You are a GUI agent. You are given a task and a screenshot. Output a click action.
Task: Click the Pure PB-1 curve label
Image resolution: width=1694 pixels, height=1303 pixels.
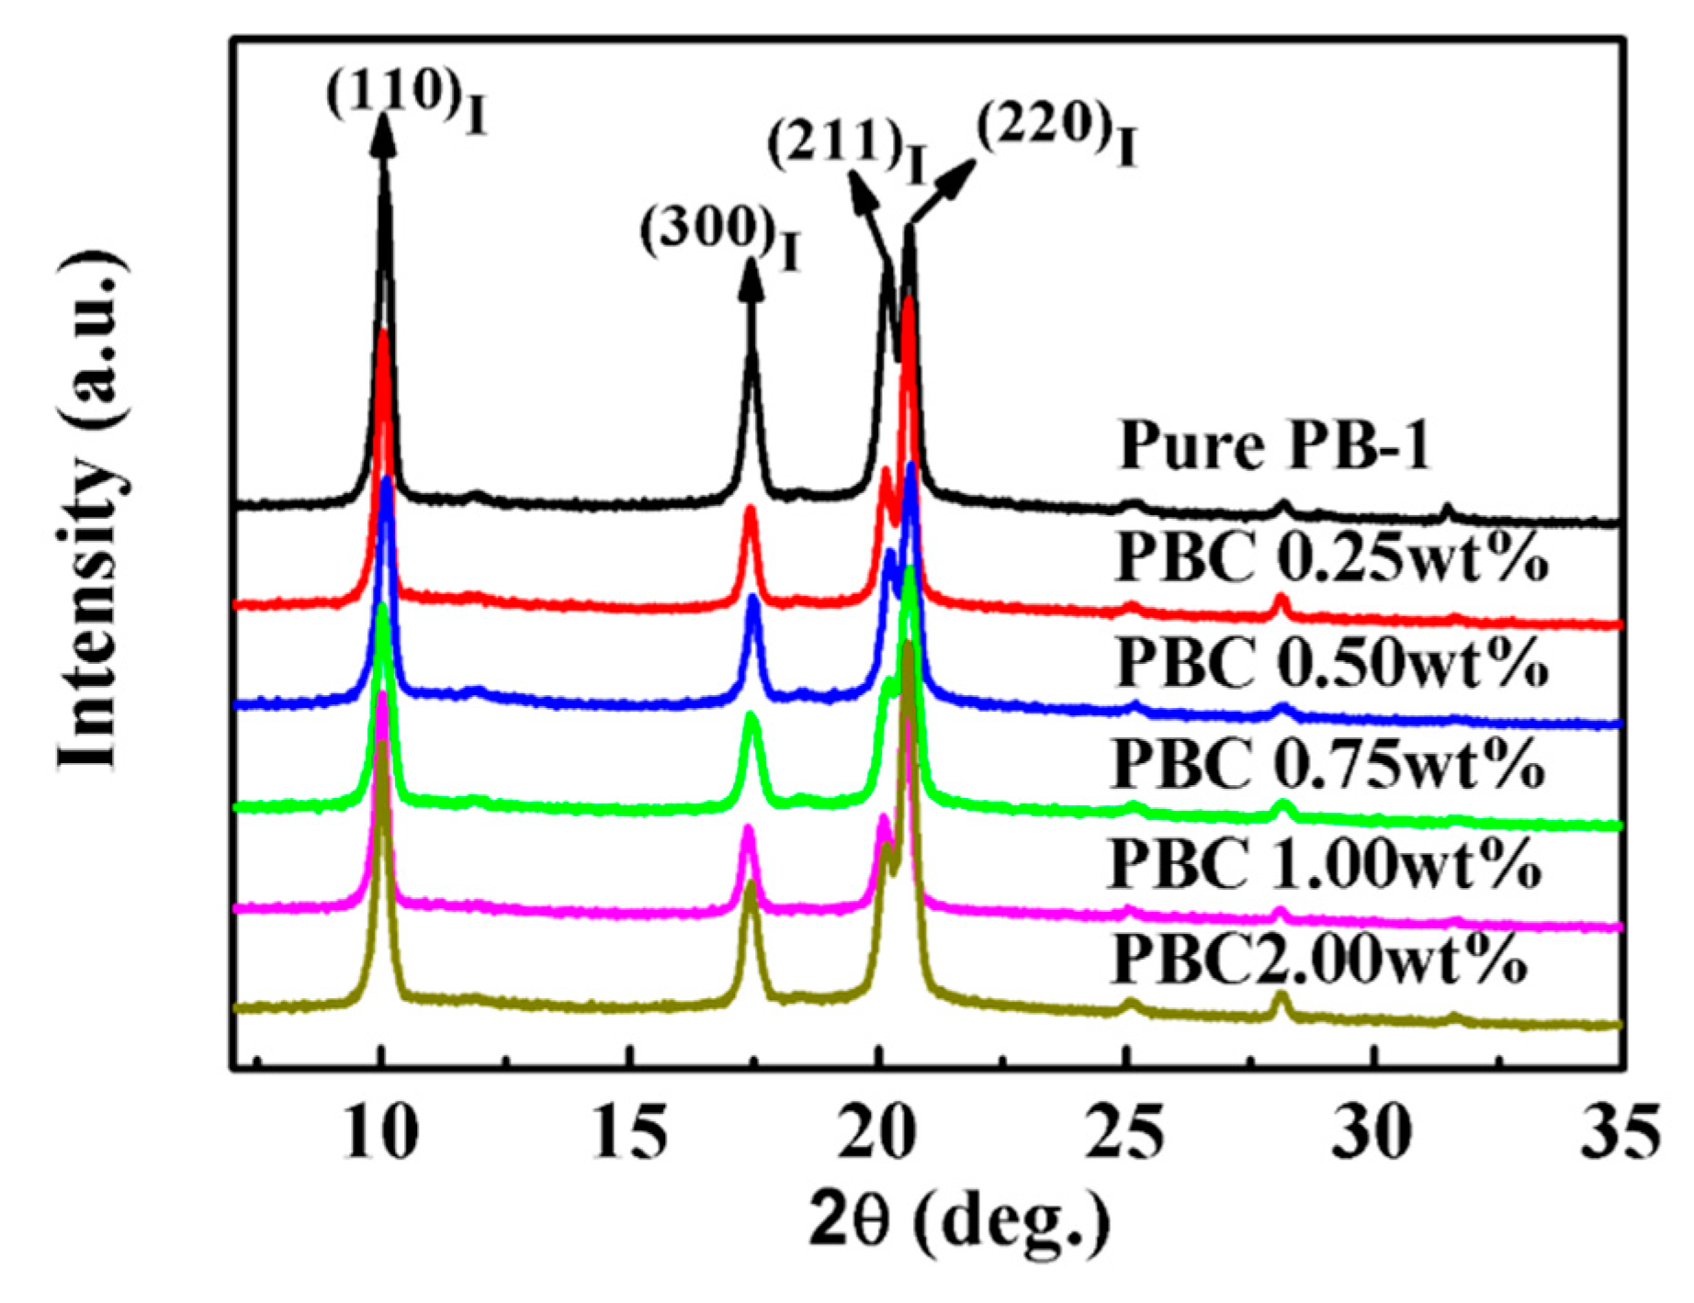pyautogui.click(x=1274, y=447)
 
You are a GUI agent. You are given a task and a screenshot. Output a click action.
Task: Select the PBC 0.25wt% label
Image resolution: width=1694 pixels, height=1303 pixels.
pyautogui.click(x=1332, y=557)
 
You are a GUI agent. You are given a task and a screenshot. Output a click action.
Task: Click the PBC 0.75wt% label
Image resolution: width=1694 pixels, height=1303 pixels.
pyautogui.click(x=1328, y=764)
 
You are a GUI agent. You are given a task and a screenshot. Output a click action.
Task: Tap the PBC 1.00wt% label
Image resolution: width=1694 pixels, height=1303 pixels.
pyautogui.click(x=1326, y=863)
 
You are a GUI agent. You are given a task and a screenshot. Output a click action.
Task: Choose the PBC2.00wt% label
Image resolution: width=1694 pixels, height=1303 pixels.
pyautogui.click(x=1320, y=960)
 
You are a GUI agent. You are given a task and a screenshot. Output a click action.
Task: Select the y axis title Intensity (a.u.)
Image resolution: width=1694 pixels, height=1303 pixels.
pyautogui.click(x=89, y=510)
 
